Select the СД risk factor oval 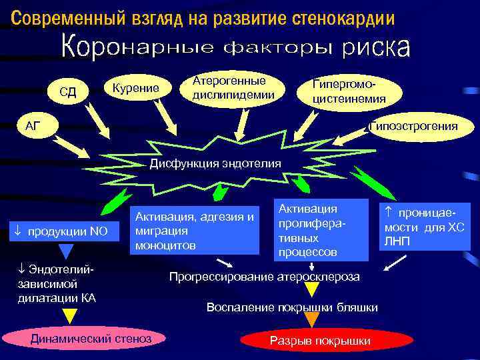[x=68, y=91]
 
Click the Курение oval [x=135, y=89]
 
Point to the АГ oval [x=33, y=126]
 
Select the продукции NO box [x=65, y=231]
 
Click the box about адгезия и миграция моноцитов [x=195, y=231]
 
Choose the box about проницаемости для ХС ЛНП [x=425, y=227]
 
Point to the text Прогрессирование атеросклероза [x=265, y=276]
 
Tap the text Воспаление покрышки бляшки [x=292, y=307]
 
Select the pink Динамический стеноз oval [x=91, y=339]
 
